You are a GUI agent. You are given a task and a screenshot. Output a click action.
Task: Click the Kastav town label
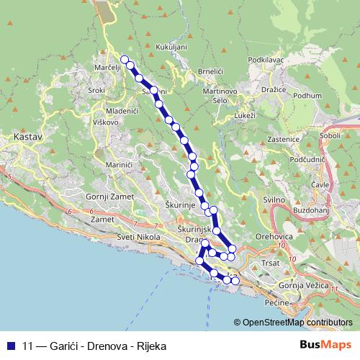click(24, 135)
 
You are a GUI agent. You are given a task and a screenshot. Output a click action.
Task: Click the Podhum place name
click(308, 96)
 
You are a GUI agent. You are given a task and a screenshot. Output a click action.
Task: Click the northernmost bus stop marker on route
click(124, 59)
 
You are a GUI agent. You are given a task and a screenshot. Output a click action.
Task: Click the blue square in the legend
click(12, 344)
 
